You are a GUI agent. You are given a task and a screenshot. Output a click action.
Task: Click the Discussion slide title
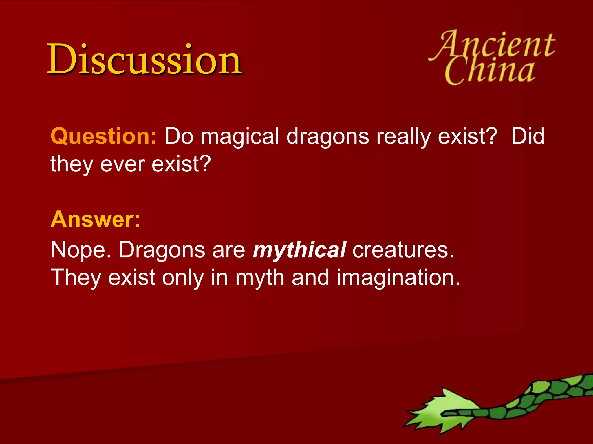point(144,59)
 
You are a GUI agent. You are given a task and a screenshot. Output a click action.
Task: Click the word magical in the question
point(240,136)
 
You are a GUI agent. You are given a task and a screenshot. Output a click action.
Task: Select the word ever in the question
point(122,164)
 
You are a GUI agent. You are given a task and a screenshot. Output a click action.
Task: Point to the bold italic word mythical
point(299,250)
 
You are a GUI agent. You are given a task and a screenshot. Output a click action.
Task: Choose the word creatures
point(403,250)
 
